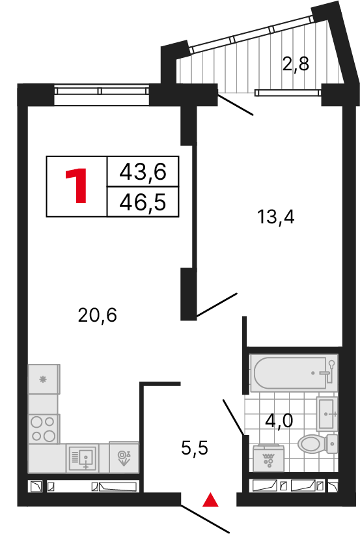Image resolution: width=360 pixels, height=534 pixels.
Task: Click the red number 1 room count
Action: coord(76,186)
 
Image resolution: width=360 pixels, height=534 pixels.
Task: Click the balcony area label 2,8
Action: coord(295,64)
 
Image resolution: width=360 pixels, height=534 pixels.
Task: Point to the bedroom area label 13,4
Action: coord(275,217)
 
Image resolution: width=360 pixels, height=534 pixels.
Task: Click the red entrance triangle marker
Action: coord(210,500)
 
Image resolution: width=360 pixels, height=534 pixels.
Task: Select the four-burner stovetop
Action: coord(44,429)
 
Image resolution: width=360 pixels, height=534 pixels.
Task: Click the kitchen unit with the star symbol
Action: coord(44,379)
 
